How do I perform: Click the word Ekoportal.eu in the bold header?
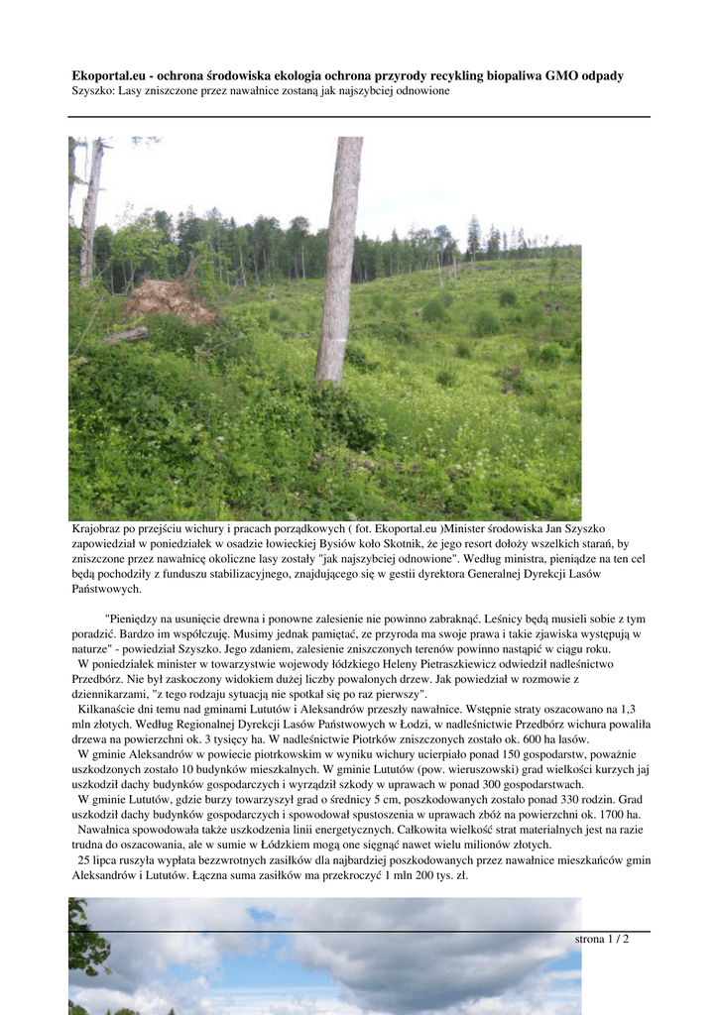[109, 75]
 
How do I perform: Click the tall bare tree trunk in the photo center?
[339, 258]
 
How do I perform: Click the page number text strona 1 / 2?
[602, 939]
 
